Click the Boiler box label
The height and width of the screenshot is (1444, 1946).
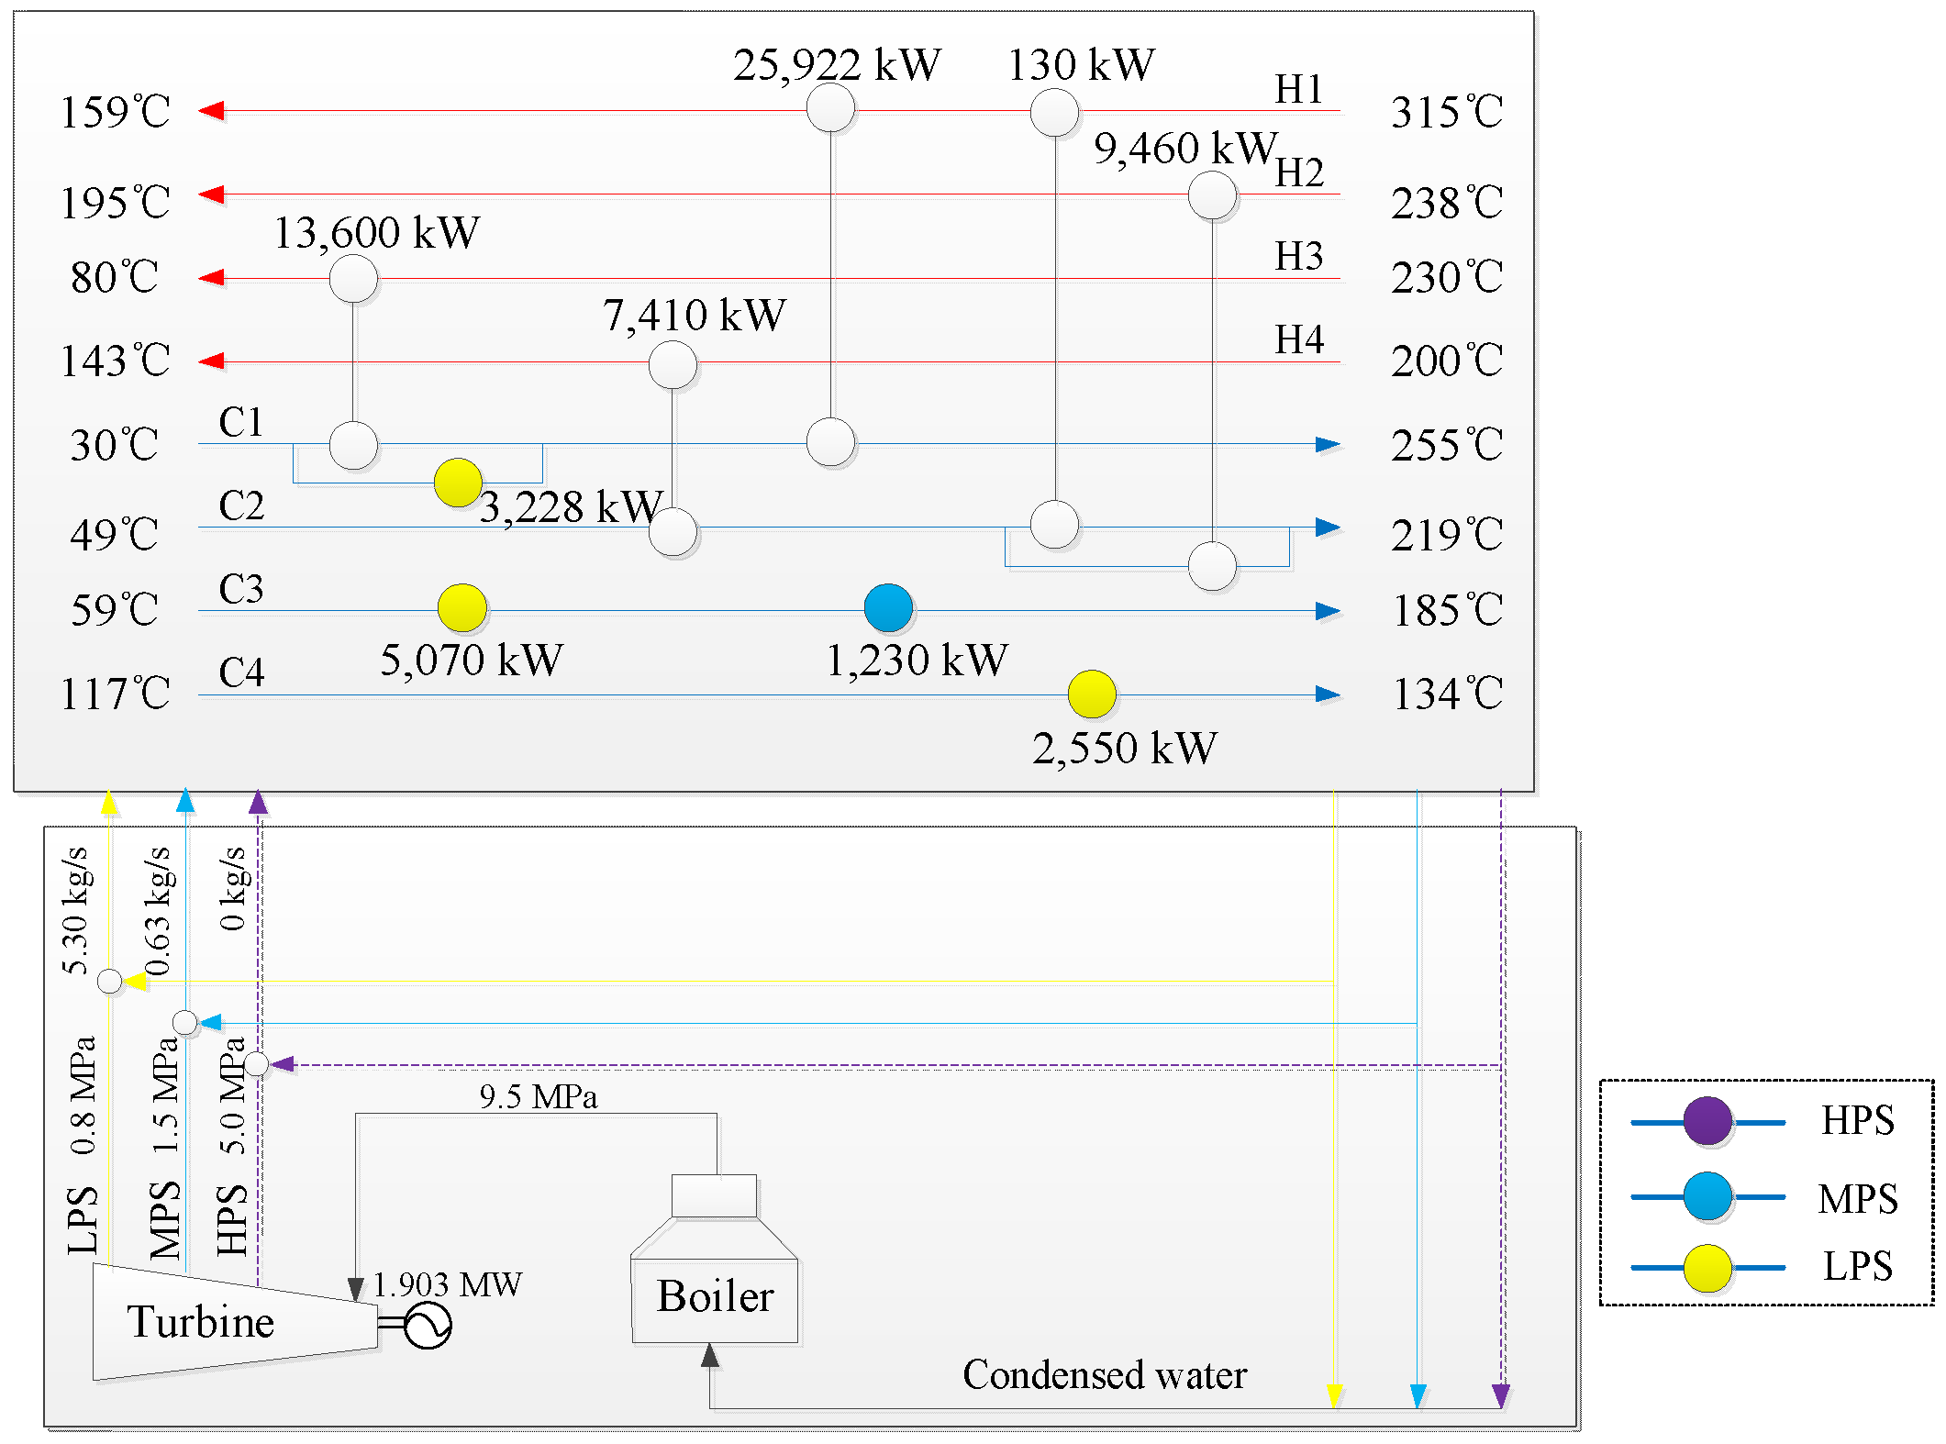pos(715,1297)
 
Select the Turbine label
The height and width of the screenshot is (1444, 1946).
pos(200,1322)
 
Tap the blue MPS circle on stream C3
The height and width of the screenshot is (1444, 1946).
pos(888,608)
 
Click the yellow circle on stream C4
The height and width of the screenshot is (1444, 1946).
pos(1092,694)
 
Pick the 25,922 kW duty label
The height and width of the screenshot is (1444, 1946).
pos(837,65)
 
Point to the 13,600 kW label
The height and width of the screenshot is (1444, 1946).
pos(376,233)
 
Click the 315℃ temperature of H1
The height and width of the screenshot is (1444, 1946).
pos(1447,112)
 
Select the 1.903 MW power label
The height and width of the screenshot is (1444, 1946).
pos(448,1284)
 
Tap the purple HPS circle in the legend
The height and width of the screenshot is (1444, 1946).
pos(1707,1121)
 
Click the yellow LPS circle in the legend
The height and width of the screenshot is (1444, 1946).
pos(1707,1268)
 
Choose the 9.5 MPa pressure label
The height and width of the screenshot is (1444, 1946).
pos(539,1097)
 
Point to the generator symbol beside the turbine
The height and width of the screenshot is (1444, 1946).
pos(427,1326)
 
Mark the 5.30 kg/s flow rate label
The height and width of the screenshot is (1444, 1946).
pos(76,910)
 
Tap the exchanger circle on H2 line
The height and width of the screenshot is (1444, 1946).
pos(1212,195)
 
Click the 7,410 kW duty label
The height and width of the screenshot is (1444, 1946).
pos(695,316)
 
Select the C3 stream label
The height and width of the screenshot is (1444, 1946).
pos(240,589)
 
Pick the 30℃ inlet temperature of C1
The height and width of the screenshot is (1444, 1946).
pos(115,445)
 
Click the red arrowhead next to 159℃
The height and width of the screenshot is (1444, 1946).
pos(212,111)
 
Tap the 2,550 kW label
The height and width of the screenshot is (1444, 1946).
pos(1125,749)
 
